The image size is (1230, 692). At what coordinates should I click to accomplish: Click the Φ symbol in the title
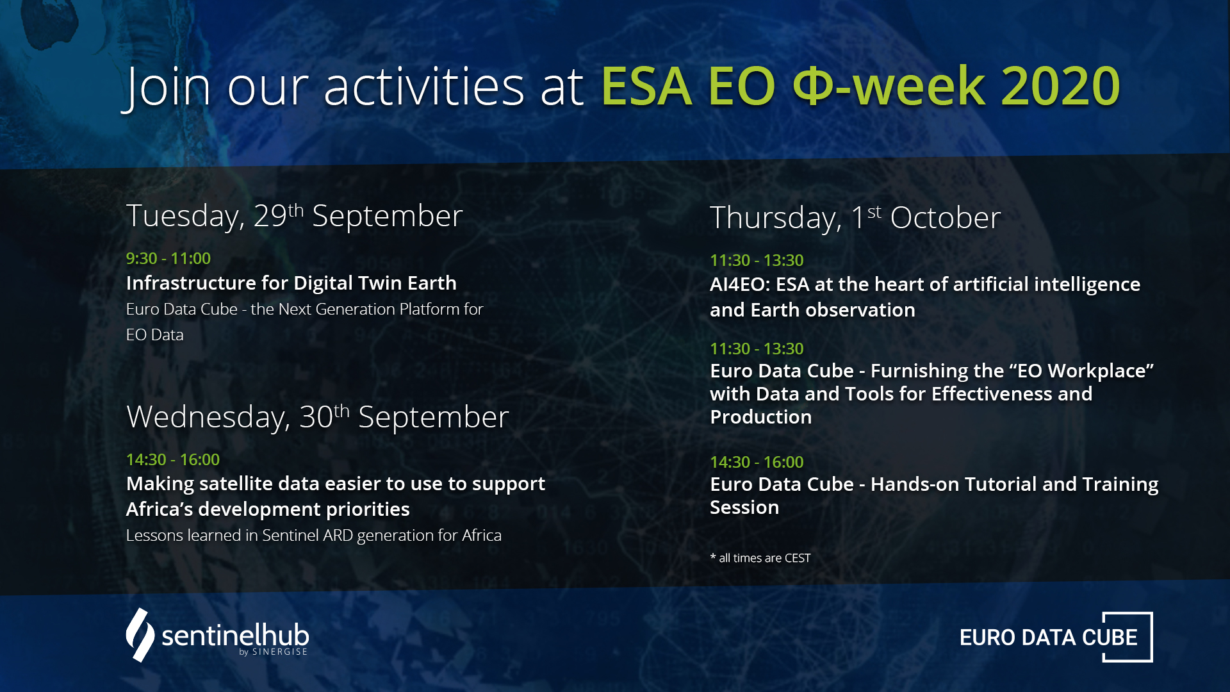813,86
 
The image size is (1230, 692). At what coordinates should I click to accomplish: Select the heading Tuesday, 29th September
294,216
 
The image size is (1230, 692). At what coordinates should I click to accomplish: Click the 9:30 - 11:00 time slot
168,258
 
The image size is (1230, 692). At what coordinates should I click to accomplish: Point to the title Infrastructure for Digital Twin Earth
291,283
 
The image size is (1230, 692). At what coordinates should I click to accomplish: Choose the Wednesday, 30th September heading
318,417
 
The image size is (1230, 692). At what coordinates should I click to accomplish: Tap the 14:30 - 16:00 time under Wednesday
172,459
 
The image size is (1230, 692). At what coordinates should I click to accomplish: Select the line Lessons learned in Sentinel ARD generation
313,535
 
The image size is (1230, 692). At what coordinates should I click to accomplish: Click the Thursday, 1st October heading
855,218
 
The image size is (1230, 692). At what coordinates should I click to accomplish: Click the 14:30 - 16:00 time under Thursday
757,462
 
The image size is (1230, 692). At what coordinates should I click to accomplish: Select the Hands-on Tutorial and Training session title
934,495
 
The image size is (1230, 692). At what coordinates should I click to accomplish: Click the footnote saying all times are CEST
760,558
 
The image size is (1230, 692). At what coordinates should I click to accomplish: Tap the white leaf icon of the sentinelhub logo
140,635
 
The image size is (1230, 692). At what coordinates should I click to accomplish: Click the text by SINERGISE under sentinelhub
273,652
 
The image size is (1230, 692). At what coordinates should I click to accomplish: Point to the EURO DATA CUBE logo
1056,637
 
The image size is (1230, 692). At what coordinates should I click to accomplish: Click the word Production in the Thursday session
761,416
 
